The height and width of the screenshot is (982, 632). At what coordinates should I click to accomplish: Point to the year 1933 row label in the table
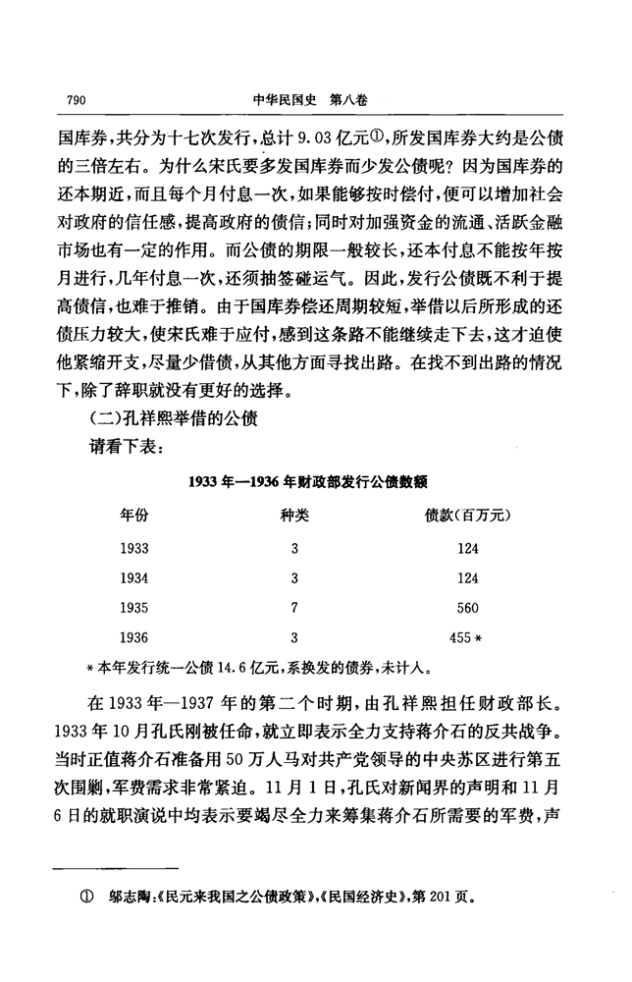click(x=136, y=545)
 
